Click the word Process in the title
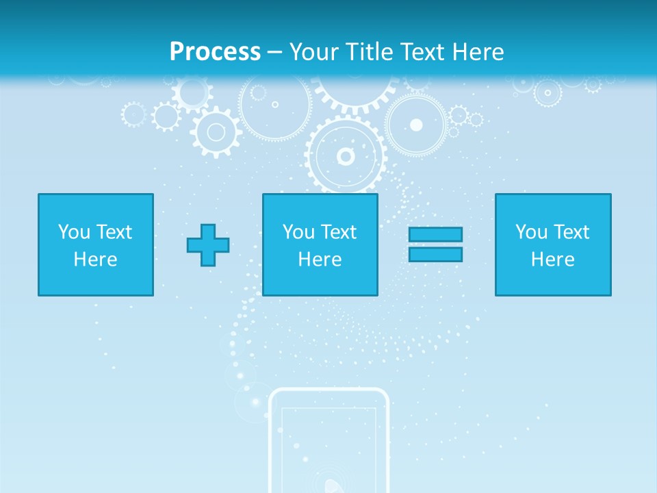pos(215,52)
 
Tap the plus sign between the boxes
pos(208,245)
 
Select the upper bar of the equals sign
pos(435,234)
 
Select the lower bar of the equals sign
pos(435,254)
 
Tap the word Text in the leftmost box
pos(114,232)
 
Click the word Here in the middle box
pos(320,260)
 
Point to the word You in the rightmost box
pos(531,232)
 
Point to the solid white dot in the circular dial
pos(416,125)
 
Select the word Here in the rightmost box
pos(553,260)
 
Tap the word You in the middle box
pos(298,232)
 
